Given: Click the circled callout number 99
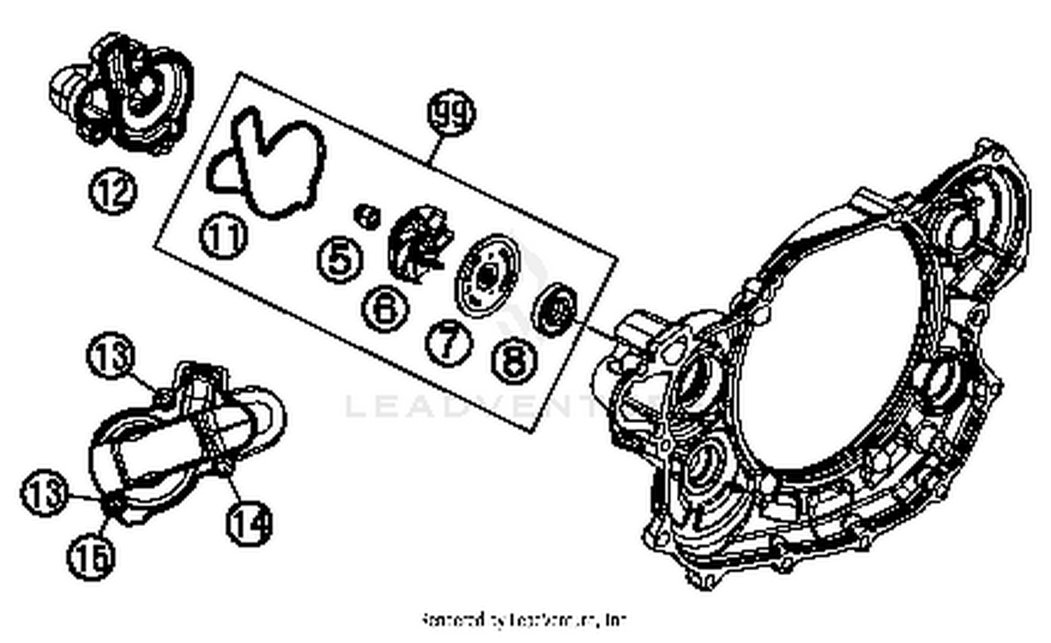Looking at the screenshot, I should point(451,113).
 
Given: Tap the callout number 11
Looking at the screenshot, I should point(224,237).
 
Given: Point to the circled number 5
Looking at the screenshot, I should point(340,259).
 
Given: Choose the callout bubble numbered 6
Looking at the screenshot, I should point(385,308).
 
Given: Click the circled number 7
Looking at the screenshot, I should point(449,342).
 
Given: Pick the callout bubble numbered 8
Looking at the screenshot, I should point(516,360).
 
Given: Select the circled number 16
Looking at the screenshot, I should point(91,557).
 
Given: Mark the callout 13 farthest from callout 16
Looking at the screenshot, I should point(111,356).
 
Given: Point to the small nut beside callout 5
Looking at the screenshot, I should point(366,216).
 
